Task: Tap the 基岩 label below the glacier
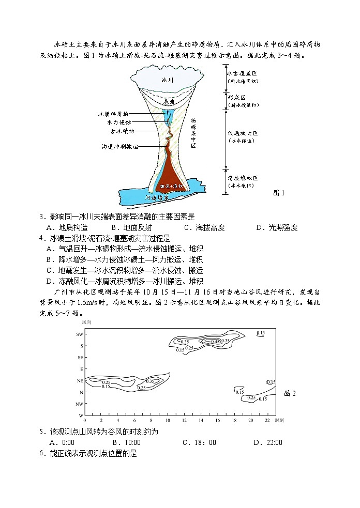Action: tap(167, 102)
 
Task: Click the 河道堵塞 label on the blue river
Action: tap(158, 197)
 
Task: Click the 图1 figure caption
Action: tap(279, 193)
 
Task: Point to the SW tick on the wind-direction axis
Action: tap(80, 334)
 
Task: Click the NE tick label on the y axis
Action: tap(80, 381)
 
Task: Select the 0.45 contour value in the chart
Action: tap(215, 341)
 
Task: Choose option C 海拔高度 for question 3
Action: tap(204, 227)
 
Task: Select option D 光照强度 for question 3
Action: tap(277, 227)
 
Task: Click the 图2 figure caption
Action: tap(290, 394)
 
